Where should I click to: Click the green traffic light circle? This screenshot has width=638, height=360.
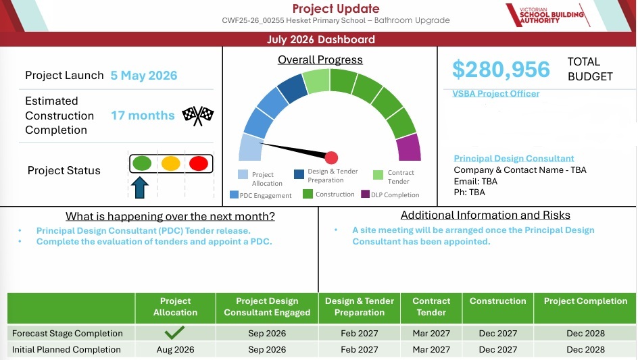(142, 163)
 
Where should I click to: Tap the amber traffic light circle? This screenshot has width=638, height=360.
(170, 163)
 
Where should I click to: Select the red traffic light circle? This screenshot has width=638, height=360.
(199, 163)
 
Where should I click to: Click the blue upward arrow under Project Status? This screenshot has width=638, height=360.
(139, 187)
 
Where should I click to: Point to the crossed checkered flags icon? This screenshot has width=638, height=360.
(198, 115)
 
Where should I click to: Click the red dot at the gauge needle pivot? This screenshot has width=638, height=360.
(331, 157)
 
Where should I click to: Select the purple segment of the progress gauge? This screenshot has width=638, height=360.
(409, 148)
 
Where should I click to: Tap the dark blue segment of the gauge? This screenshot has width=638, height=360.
(293, 88)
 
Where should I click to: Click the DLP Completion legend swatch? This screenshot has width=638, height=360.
(365, 194)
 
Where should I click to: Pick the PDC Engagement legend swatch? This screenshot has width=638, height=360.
(234, 195)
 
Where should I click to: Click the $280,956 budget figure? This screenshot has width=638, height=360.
(501, 69)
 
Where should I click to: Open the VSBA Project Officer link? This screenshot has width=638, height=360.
(495, 94)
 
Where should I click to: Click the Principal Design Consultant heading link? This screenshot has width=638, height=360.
(514, 158)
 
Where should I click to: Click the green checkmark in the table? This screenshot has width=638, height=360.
(174, 332)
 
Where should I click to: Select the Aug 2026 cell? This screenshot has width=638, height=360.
(175, 349)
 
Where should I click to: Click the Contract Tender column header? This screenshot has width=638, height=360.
(431, 307)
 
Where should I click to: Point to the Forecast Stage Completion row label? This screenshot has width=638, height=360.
(67, 333)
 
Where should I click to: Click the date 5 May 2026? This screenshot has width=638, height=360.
(144, 75)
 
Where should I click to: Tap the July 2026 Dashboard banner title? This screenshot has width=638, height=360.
(321, 39)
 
